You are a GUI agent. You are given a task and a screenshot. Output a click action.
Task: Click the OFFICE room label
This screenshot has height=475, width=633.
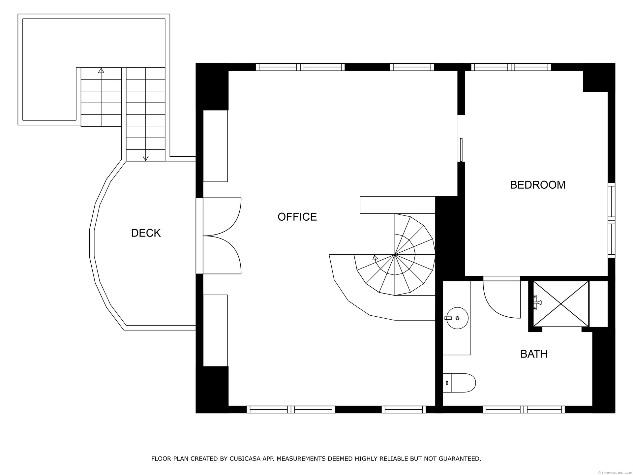(x=297, y=217)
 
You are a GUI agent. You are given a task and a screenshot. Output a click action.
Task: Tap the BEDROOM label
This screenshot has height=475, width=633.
(x=538, y=185)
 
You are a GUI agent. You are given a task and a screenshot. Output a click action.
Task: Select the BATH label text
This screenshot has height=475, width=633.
(x=534, y=354)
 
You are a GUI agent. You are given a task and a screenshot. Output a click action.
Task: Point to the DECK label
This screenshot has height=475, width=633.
(x=146, y=233)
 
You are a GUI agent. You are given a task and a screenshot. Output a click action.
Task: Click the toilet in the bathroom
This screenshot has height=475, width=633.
(x=459, y=383)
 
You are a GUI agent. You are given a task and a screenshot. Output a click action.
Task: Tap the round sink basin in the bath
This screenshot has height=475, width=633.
(x=457, y=318)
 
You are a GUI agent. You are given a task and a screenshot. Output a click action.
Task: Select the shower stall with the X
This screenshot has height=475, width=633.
(x=561, y=304)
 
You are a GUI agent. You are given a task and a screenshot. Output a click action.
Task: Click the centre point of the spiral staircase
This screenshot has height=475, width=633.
(x=395, y=255)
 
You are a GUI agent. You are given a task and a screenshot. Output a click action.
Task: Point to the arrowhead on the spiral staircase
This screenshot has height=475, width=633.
(x=375, y=257)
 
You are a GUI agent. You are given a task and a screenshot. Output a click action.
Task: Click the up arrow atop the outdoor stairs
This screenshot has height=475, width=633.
(x=101, y=70)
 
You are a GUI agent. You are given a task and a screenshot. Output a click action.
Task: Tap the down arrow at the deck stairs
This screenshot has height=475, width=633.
(x=145, y=158)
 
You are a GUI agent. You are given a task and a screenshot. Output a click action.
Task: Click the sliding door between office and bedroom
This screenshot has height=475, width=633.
(x=461, y=150)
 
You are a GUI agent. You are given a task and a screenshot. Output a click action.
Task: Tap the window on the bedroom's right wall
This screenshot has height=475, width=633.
(x=612, y=220)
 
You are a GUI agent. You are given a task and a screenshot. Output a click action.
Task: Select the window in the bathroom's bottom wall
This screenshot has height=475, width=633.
(x=524, y=409)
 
